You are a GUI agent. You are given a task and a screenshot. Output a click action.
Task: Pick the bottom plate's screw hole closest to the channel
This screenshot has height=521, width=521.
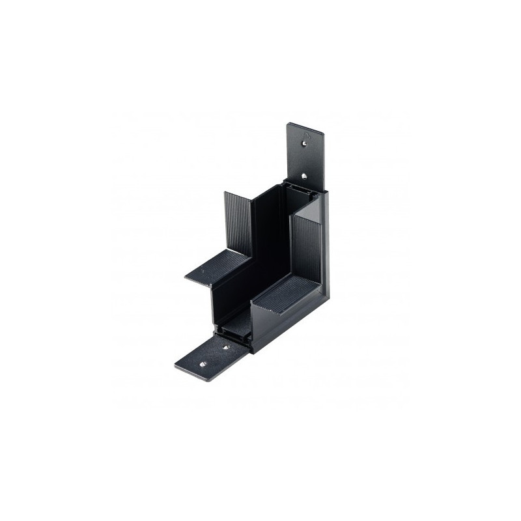[227, 347]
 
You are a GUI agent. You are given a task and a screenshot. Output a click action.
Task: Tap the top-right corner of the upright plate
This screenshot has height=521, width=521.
[323, 134]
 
